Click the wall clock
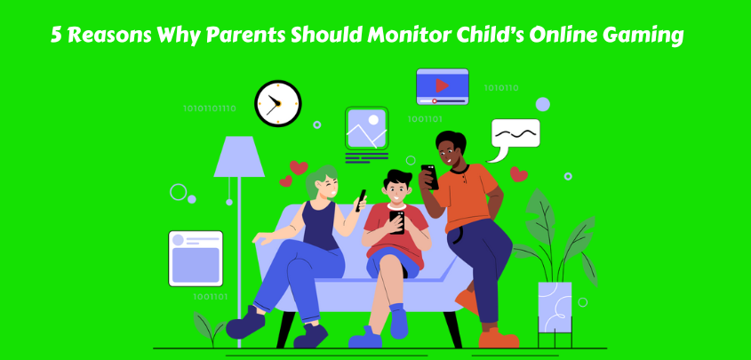(278, 103)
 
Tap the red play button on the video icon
(442, 85)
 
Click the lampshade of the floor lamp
(239, 156)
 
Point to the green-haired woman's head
(323, 182)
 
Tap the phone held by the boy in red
(396, 222)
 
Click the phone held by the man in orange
(429, 177)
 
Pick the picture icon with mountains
(367, 128)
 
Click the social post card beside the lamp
(196, 259)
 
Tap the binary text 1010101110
(210, 108)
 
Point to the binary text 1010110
(501, 88)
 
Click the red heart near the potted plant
(518, 174)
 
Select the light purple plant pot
(555, 307)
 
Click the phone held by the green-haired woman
(361, 201)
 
